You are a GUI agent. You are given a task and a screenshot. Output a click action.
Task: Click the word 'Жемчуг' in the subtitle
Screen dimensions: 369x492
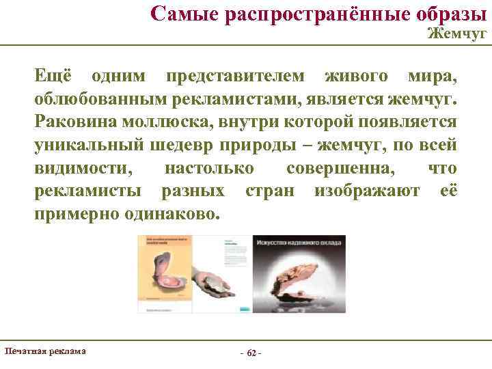(x=457, y=33)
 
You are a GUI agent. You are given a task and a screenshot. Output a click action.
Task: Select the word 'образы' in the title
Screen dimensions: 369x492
(x=444, y=12)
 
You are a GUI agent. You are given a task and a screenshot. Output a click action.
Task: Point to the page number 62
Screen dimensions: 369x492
(x=251, y=353)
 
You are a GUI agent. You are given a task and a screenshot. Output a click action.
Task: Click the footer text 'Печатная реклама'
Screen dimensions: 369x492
(x=45, y=351)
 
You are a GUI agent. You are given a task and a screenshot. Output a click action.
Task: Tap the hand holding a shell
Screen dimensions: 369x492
(x=219, y=279)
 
